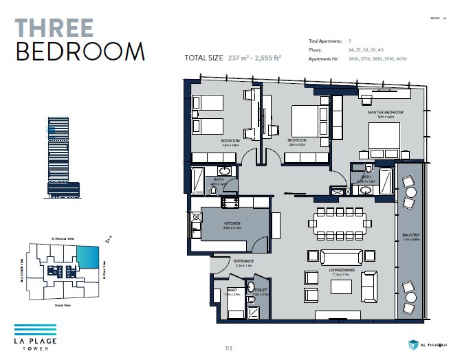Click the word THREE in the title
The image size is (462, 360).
click(x=54, y=27)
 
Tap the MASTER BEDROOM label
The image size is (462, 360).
click(x=385, y=112)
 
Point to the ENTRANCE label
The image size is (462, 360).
click(x=244, y=261)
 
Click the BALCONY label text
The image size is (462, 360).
click(x=410, y=235)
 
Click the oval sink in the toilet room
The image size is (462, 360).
click(x=252, y=286)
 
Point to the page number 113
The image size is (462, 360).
click(x=228, y=348)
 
